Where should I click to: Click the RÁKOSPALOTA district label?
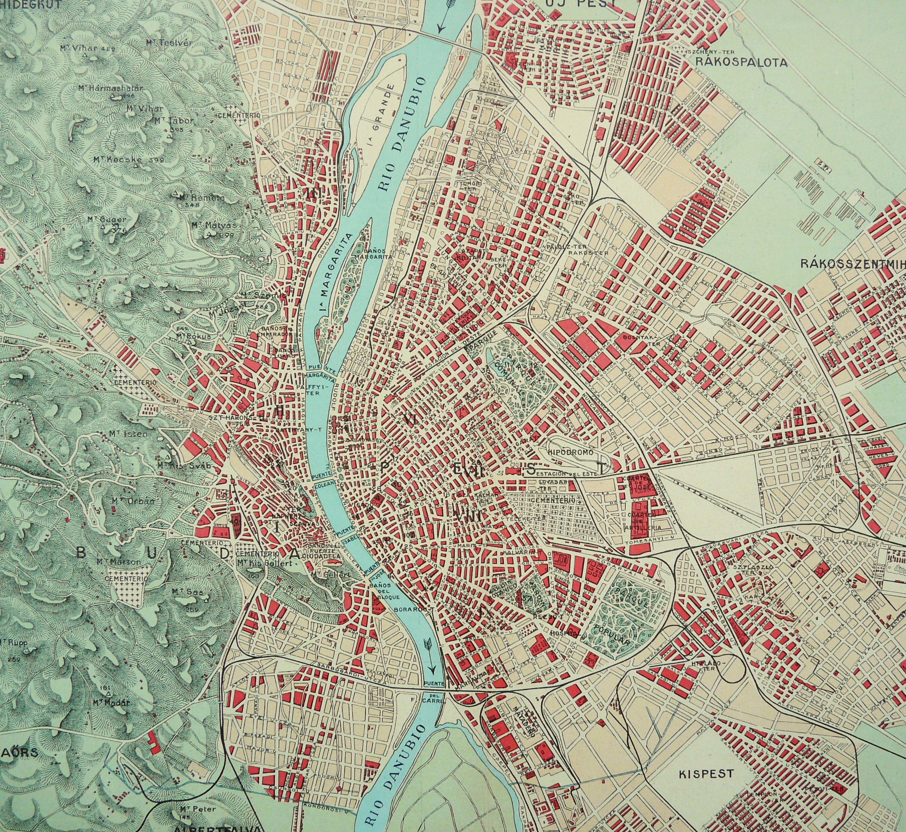coord(741,63)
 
